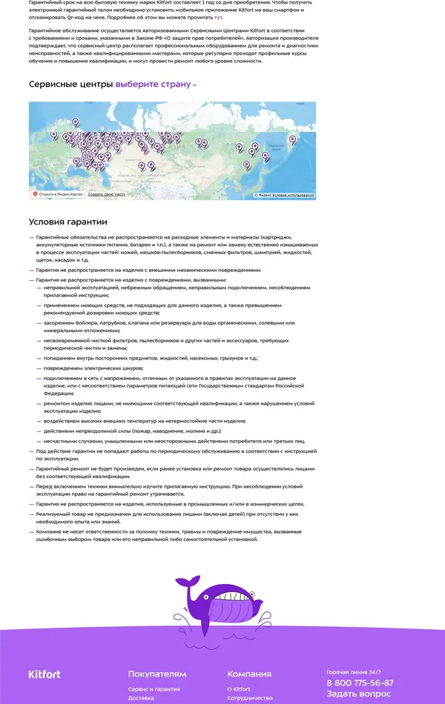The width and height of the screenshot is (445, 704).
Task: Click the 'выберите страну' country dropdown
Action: tap(156, 84)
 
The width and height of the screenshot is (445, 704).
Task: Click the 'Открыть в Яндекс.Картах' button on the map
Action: tap(57, 194)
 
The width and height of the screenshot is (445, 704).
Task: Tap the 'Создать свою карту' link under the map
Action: tap(106, 194)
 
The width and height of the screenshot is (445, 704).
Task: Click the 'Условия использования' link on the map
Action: tap(293, 196)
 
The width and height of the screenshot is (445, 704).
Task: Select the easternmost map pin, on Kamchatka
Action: tap(266, 156)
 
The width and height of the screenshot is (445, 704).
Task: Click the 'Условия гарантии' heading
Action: tap(68, 222)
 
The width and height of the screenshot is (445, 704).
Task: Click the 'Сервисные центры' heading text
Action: tap(70, 84)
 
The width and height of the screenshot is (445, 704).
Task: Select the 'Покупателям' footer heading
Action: tap(157, 674)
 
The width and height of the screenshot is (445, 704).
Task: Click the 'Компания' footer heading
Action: tap(249, 674)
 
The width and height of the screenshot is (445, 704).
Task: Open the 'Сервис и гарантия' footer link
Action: tap(154, 689)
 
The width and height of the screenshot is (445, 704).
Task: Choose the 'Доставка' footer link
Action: tap(141, 698)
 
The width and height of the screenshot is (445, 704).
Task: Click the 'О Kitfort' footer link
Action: tap(239, 689)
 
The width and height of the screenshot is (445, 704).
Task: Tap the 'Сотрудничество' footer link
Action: tap(250, 698)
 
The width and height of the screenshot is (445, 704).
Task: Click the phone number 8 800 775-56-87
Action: tap(360, 683)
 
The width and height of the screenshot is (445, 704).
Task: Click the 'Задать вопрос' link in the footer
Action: tap(358, 694)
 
